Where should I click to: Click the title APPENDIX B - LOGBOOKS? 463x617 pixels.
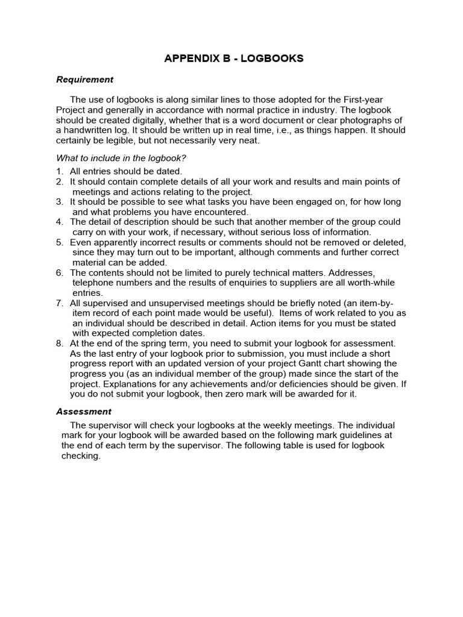click(x=235, y=58)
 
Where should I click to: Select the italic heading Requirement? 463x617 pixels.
click(x=84, y=79)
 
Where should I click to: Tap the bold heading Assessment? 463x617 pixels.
click(x=84, y=412)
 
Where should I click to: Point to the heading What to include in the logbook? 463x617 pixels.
click(x=121, y=158)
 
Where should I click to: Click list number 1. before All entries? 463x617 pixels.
click(x=60, y=171)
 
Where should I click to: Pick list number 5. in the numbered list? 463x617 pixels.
click(x=60, y=242)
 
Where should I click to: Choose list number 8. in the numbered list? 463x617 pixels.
click(x=60, y=343)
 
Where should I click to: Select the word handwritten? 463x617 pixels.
click(x=92, y=130)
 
